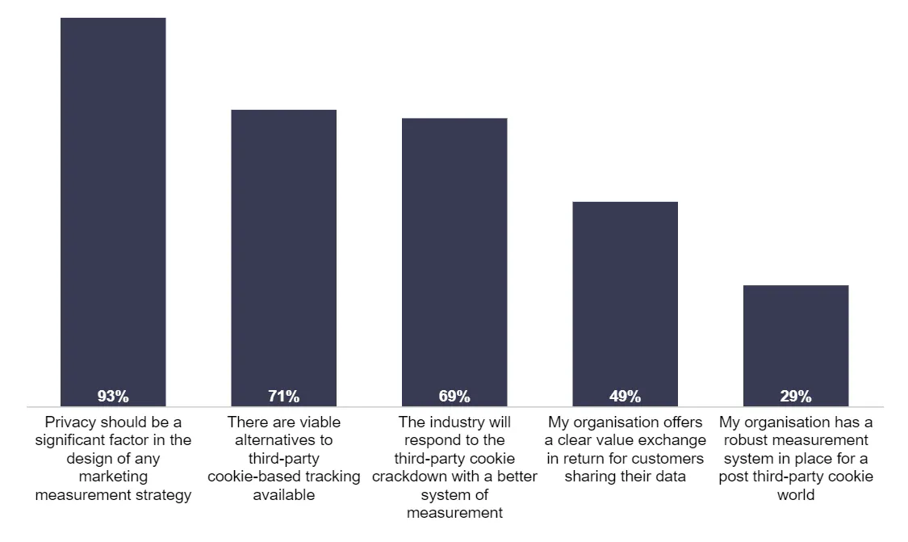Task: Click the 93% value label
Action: (113, 396)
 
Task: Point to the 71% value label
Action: (283, 396)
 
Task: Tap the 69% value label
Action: (454, 396)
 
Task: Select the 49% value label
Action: (625, 396)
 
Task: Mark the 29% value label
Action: (795, 396)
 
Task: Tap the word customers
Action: (672, 459)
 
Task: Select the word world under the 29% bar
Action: (795, 495)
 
